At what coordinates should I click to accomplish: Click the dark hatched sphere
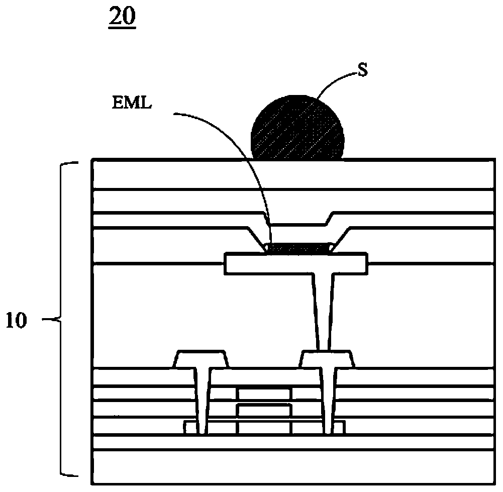point(298,127)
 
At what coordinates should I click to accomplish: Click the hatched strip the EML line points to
point(298,247)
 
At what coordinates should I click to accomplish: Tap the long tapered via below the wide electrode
point(321,307)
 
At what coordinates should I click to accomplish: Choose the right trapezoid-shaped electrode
point(327,359)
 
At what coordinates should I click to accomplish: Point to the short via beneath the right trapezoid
point(330,402)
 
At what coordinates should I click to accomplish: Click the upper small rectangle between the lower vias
point(264,393)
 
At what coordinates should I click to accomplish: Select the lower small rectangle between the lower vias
point(264,410)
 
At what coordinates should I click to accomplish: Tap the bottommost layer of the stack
point(291,463)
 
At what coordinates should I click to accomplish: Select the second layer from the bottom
point(291,442)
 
